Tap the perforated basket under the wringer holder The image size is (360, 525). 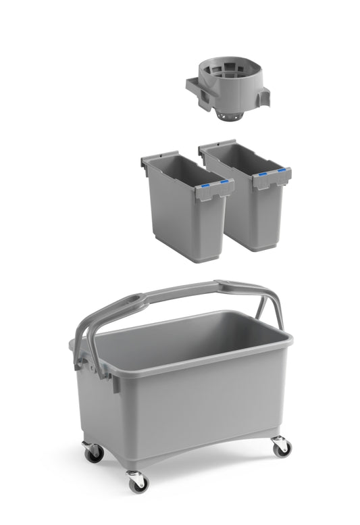(x=231, y=116)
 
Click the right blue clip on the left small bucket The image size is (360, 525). (x=225, y=181)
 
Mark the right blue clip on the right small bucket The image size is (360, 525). (x=282, y=170)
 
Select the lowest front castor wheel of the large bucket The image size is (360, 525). (x=138, y=480)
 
